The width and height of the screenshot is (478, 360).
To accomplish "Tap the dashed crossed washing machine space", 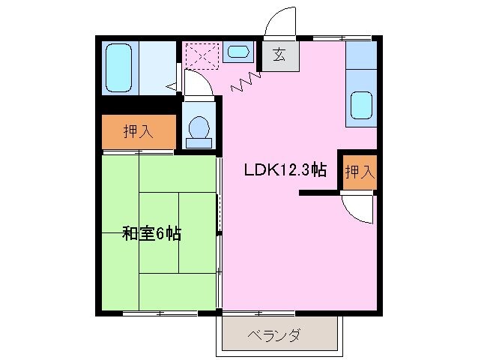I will (x=202, y=55).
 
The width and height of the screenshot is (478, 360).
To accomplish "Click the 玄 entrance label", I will (x=279, y=54).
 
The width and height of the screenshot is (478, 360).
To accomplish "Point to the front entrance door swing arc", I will (x=281, y=21).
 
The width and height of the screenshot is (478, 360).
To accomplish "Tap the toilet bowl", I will (x=199, y=127).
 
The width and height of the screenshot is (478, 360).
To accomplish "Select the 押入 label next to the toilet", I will (x=138, y=132).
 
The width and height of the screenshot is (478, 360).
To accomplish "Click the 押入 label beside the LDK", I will (x=358, y=171).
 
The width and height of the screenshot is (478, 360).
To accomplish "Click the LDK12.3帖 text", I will (x=285, y=170).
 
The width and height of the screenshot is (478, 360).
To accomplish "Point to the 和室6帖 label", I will (x=151, y=234).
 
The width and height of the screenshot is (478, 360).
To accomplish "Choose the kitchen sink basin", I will (x=361, y=104).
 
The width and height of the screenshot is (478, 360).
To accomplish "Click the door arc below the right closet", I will (x=358, y=208).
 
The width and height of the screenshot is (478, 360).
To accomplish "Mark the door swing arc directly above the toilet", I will (x=199, y=85).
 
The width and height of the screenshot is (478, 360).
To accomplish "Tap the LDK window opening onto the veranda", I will (x=258, y=312).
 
